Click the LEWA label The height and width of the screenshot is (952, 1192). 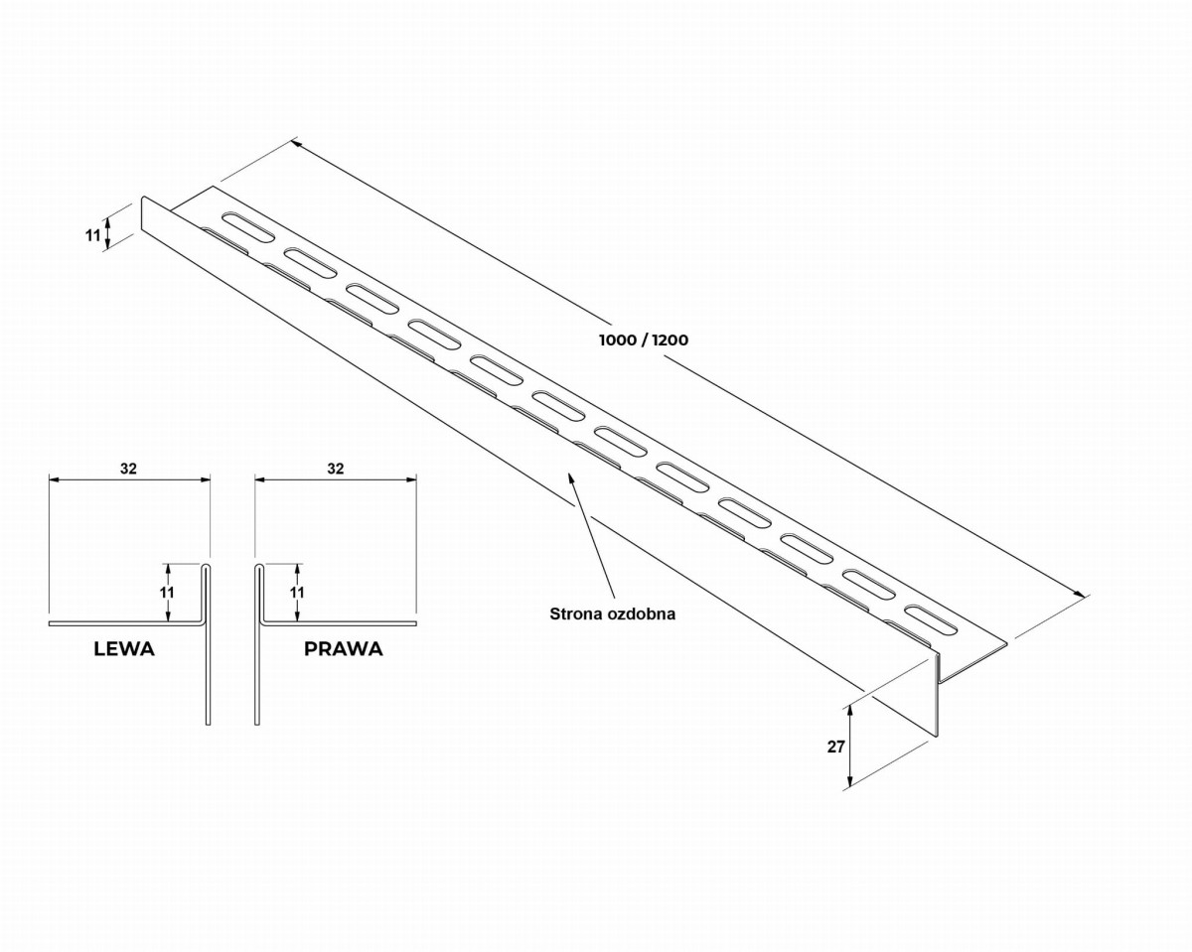(124, 648)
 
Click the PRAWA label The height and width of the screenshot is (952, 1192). (344, 648)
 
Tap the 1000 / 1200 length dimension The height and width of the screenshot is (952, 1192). (644, 340)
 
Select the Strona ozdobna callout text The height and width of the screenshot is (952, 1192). (612, 613)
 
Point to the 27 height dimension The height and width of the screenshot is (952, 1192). (835, 747)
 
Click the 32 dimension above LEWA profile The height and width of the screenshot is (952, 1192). (128, 469)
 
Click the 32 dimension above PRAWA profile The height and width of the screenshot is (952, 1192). (335, 469)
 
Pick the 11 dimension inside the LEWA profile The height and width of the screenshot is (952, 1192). (167, 593)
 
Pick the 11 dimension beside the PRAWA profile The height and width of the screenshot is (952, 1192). (297, 593)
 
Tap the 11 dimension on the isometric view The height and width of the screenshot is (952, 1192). (92, 235)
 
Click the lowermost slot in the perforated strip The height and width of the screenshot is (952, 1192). (931, 620)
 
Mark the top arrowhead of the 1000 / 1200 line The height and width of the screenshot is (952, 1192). (296, 143)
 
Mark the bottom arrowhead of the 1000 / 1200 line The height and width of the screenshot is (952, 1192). (1080, 593)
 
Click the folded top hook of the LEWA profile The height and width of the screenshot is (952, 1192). (206, 567)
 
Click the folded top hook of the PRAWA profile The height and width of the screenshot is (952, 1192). (258, 567)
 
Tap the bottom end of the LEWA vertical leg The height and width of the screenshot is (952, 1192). (208, 724)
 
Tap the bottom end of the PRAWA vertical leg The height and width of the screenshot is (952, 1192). (257, 724)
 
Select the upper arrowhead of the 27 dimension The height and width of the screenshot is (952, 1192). (850, 711)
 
